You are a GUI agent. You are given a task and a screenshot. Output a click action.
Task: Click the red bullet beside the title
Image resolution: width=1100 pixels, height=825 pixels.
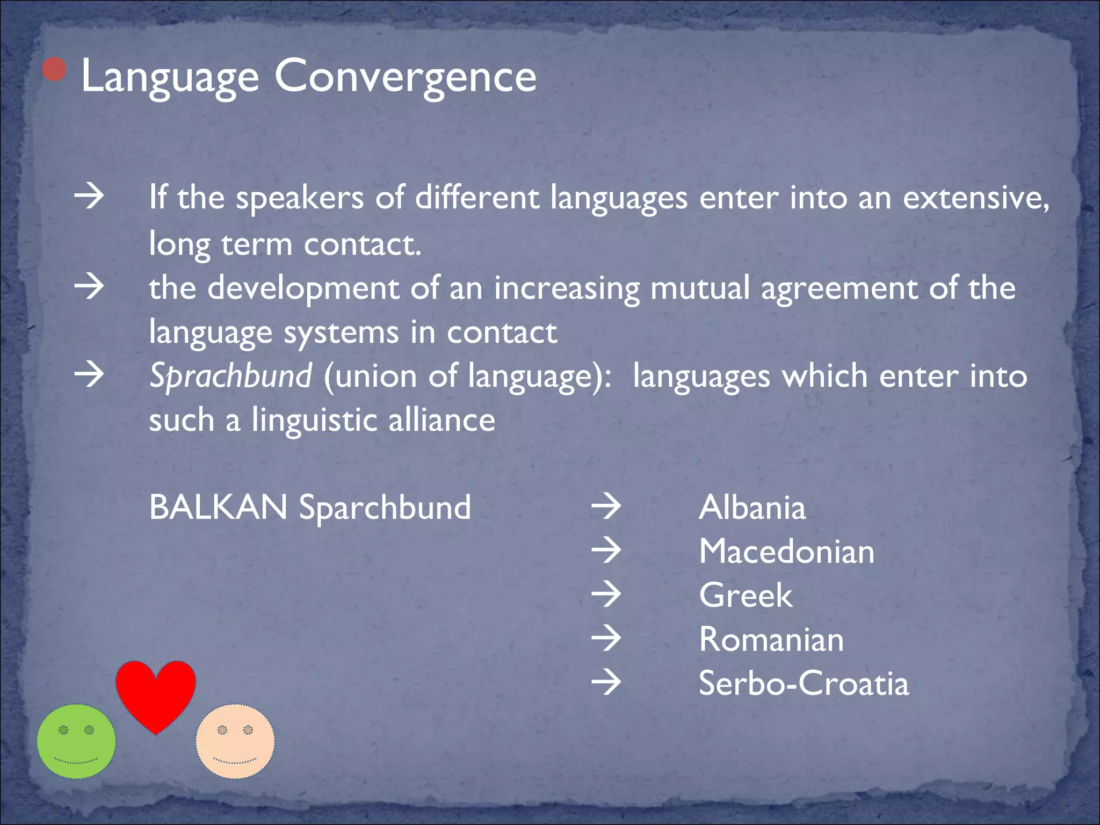[54, 69]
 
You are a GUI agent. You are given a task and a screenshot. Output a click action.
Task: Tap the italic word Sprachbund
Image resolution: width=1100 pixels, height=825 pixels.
[230, 375]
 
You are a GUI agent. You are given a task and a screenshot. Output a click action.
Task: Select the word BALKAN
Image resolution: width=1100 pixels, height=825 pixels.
[218, 507]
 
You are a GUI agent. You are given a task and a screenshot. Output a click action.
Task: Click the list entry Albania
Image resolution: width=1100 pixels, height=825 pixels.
[752, 507]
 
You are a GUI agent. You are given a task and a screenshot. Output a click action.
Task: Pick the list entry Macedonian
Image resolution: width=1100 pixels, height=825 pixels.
[786, 552]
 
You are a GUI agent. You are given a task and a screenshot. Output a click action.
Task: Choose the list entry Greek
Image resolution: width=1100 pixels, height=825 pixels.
[746, 595]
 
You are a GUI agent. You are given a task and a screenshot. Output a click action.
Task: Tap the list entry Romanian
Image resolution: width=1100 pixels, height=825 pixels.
[771, 639]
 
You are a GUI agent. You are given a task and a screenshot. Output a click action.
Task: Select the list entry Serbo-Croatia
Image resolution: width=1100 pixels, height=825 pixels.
[804, 683]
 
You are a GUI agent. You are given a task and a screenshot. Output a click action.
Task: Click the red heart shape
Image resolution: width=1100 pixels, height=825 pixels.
[156, 693]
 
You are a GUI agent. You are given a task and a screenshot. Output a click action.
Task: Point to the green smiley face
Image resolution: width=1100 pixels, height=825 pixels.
[76, 741]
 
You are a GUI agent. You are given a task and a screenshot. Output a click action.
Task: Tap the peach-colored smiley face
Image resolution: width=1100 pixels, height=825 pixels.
[235, 741]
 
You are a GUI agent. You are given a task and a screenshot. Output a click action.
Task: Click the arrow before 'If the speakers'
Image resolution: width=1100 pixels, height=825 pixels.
[89, 197]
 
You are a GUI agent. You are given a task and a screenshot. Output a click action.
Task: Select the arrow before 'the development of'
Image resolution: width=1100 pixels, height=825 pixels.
[89, 287]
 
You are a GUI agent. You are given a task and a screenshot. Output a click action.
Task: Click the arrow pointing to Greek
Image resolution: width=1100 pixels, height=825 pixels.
[606, 595]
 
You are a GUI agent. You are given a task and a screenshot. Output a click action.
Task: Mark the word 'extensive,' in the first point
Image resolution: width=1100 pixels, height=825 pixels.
[975, 198]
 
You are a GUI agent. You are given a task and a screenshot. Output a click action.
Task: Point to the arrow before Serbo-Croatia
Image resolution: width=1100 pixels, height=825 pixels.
[606, 683]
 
